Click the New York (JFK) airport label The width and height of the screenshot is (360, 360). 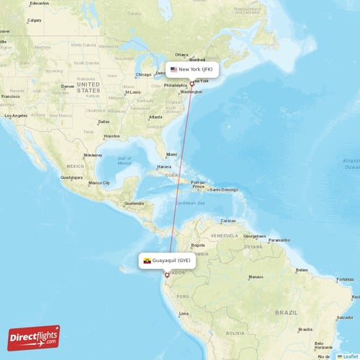click(x=192, y=70)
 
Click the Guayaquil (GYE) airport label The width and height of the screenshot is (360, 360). click(x=167, y=260)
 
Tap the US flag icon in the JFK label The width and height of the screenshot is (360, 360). click(x=174, y=70)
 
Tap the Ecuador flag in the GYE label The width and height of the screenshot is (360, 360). click(x=147, y=260)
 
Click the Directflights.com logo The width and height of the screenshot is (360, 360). click(x=34, y=337)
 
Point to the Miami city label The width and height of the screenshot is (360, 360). click(x=171, y=154)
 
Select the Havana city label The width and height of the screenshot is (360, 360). click(x=165, y=167)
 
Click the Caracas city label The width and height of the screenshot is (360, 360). click(x=228, y=220)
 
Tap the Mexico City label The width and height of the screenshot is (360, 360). click(x=98, y=183)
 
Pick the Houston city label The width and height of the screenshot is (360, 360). click(x=111, y=135)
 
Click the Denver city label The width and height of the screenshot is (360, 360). click(x=68, y=86)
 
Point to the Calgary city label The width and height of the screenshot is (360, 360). click(x=34, y=20)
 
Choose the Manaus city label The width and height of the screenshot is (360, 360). click(x=256, y=276)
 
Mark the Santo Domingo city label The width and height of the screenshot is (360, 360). click(x=225, y=189)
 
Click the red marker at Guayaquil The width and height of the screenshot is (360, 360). click(x=167, y=274)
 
